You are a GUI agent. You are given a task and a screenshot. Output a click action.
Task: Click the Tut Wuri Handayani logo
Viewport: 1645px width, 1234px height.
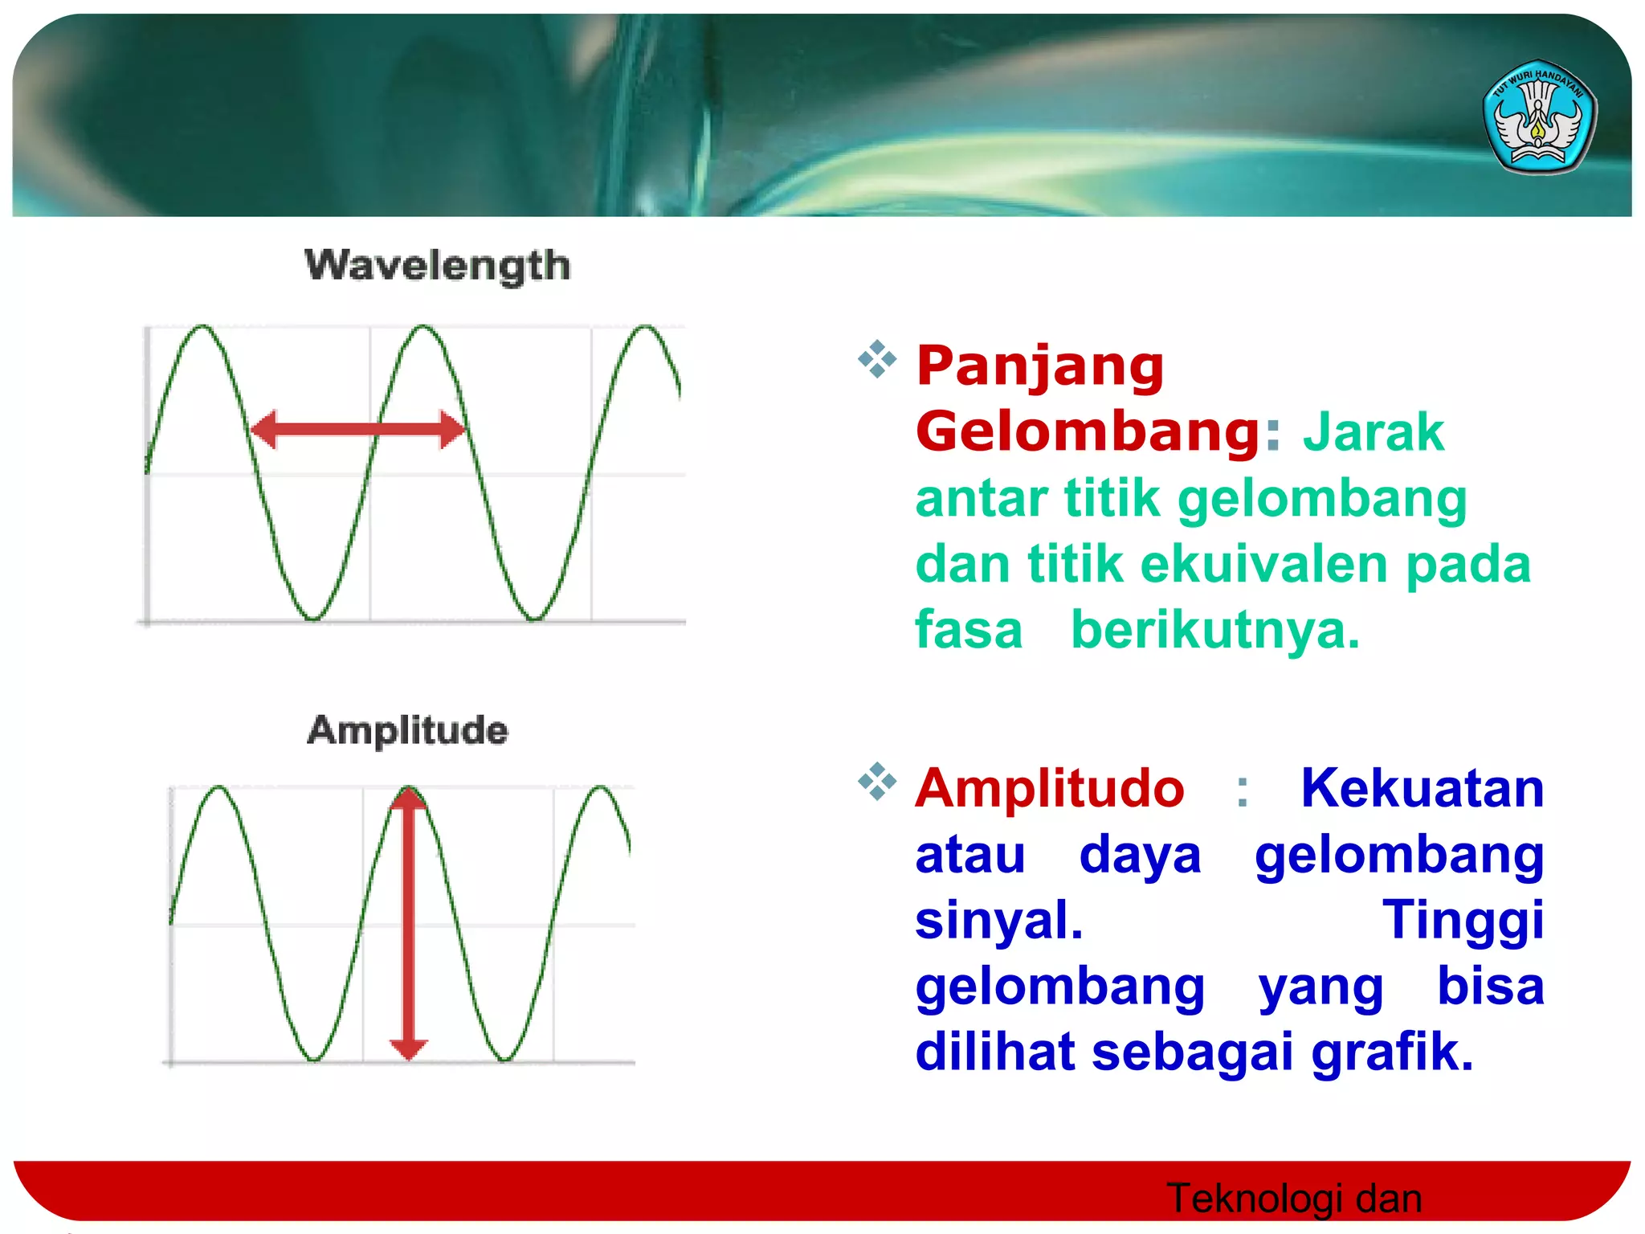(1539, 117)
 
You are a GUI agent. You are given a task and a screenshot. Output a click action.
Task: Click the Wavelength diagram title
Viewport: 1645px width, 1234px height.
(437, 265)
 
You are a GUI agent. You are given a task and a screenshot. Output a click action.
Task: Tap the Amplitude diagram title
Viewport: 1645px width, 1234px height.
(407, 730)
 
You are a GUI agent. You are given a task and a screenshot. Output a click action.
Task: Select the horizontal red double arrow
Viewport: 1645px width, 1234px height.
(357, 429)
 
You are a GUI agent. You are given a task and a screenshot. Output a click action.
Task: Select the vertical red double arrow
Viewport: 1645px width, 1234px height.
(408, 924)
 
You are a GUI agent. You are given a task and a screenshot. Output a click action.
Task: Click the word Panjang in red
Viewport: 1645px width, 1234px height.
(1039, 366)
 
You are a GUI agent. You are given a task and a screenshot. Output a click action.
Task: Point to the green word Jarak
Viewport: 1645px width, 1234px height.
(1373, 432)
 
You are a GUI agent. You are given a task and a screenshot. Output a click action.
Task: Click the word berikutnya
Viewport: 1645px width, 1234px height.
(1215, 630)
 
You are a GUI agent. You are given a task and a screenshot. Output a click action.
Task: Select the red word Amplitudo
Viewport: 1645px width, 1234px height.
(1049, 788)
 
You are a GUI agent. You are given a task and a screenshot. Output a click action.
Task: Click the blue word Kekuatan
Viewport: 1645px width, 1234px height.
(1422, 788)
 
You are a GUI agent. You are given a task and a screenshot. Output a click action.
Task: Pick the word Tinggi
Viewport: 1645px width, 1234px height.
(1462, 920)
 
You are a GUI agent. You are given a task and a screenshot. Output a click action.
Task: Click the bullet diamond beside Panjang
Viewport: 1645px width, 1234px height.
(877, 359)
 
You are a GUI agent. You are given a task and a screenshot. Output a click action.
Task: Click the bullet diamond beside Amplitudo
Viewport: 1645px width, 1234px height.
(877, 781)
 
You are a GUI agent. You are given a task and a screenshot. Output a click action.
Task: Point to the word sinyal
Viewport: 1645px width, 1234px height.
(998, 920)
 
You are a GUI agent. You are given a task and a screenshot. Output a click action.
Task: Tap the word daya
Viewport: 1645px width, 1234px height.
(1140, 854)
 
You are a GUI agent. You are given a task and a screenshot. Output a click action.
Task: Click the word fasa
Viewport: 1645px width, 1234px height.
(969, 630)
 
